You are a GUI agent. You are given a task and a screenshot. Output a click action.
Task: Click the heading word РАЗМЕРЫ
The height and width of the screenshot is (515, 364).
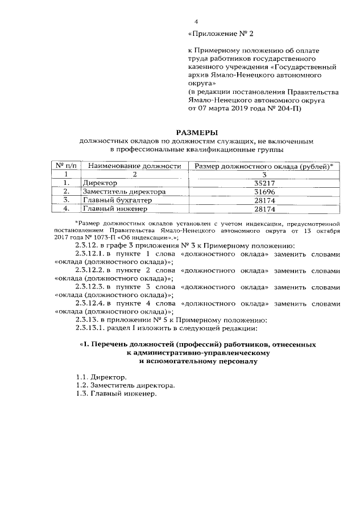195,131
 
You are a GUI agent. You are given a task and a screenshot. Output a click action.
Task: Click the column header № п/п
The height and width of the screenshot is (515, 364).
67,166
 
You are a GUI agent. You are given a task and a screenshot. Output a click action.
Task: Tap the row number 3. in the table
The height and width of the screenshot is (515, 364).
67,200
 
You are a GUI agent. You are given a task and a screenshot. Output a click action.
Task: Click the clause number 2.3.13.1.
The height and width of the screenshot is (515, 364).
91,329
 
